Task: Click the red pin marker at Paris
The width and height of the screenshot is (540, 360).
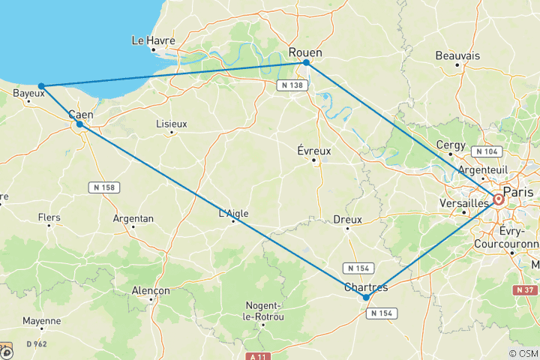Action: pyautogui.click(x=498, y=199)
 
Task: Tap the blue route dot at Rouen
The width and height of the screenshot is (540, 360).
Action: pyautogui.click(x=307, y=63)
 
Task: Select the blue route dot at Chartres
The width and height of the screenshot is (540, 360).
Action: pyautogui.click(x=366, y=298)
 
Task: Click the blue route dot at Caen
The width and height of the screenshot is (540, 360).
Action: pyautogui.click(x=79, y=124)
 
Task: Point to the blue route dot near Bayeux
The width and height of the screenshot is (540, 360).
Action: pyautogui.click(x=41, y=86)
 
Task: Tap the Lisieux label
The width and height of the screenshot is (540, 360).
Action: pyautogui.click(x=171, y=123)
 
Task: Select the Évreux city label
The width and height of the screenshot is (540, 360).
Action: pyautogui.click(x=314, y=151)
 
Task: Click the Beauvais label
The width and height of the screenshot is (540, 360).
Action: pyautogui.click(x=457, y=55)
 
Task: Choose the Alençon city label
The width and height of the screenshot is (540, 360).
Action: pyautogui.click(x=150, y=290)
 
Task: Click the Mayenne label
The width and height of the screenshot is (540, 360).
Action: pyautogui.click(x=41, y=321)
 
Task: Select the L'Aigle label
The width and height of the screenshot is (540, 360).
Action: pyautogui.click(x=232, y=213)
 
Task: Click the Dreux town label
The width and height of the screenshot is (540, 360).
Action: pyautogui.click(x=347, y=220)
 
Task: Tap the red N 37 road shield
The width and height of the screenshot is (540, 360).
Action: pyautogui.click(x=526, y=289)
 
